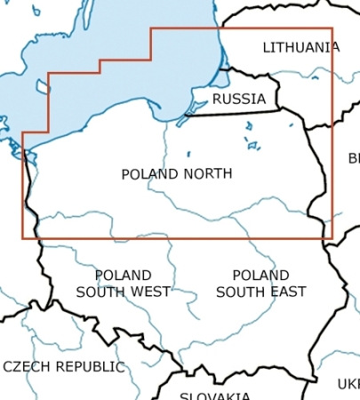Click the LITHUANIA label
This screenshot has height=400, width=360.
pyautogui.click(x=300, y=47)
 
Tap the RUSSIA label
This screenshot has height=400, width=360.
pyautogui.click(x=238, y=99)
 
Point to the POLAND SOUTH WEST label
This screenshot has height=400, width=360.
pyautogui.click(x=123, y=284)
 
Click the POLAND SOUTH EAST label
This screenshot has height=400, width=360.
pyautogui.click(x=261, y=284)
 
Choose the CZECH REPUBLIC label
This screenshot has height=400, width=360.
pyautogui.click(x=63, y=366)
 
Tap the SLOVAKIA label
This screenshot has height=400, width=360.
pyautogui.click(x=214, y=396)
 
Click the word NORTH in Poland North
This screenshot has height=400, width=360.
pyautogui.click(x=208, y=174)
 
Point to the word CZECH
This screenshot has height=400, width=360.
pyautogui.click(x=26, y=366)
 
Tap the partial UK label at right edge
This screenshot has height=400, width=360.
pyautogui.click(x=348, y=384)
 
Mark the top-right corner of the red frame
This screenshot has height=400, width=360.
pyautogui.click(x=332, y=28)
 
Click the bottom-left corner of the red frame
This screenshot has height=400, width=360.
pyautogui.click(x=22, y=238)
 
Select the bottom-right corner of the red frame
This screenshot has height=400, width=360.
pyautogui.click(x=332, y=238)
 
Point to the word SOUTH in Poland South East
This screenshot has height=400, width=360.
pyautogui.click(x=240, y=292)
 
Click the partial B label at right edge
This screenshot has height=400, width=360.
pyautogui.click(x=353, y=159)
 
